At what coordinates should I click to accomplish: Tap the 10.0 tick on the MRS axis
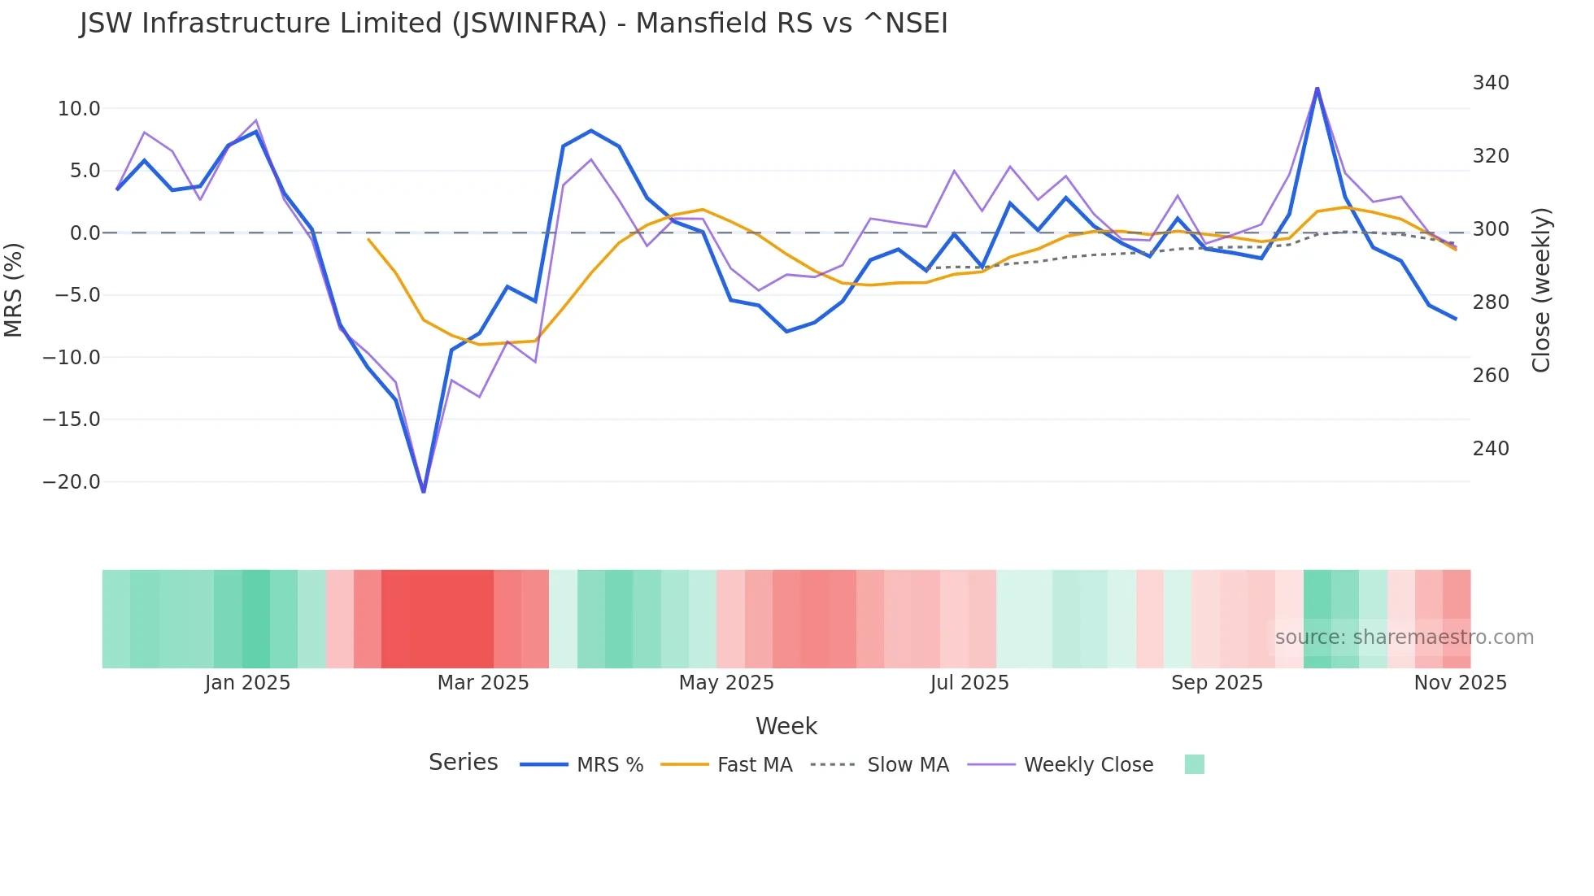pyautogui.click(x=79, y=109)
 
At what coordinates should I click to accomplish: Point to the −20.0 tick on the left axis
pyautogui.click(x=72, y=482)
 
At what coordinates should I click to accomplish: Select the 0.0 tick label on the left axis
pyautogui.click(x=85, y=233)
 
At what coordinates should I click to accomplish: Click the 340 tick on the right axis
pyautogui.click(x=1490, y=83)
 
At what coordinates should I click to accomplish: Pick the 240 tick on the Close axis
pyautogui.click(x=1490, y=449)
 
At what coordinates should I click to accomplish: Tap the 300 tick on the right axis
pyautogui.click(x=1490, y=229)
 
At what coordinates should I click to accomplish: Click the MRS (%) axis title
pyautogui.click(x=14, y=289)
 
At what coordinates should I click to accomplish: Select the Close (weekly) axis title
pyautogui.click(x=1540, y=289)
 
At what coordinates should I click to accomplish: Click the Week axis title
pyautogui.click(x=786, y=726)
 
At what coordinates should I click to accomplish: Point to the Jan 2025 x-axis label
pyautogui.click(x=247, y=683)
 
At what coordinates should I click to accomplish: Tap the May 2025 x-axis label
pyautogui.click(x=726, y=683)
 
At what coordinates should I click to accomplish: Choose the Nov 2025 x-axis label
pyautogui.click(x=1460, y=683)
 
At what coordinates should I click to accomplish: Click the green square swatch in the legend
pyautogui.click(x=1194, y=764)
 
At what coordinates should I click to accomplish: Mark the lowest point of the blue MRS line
pyautogui.click(x=423, y=491)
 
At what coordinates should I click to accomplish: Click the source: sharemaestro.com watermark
pyautogui.click(x=1404, y=637)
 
